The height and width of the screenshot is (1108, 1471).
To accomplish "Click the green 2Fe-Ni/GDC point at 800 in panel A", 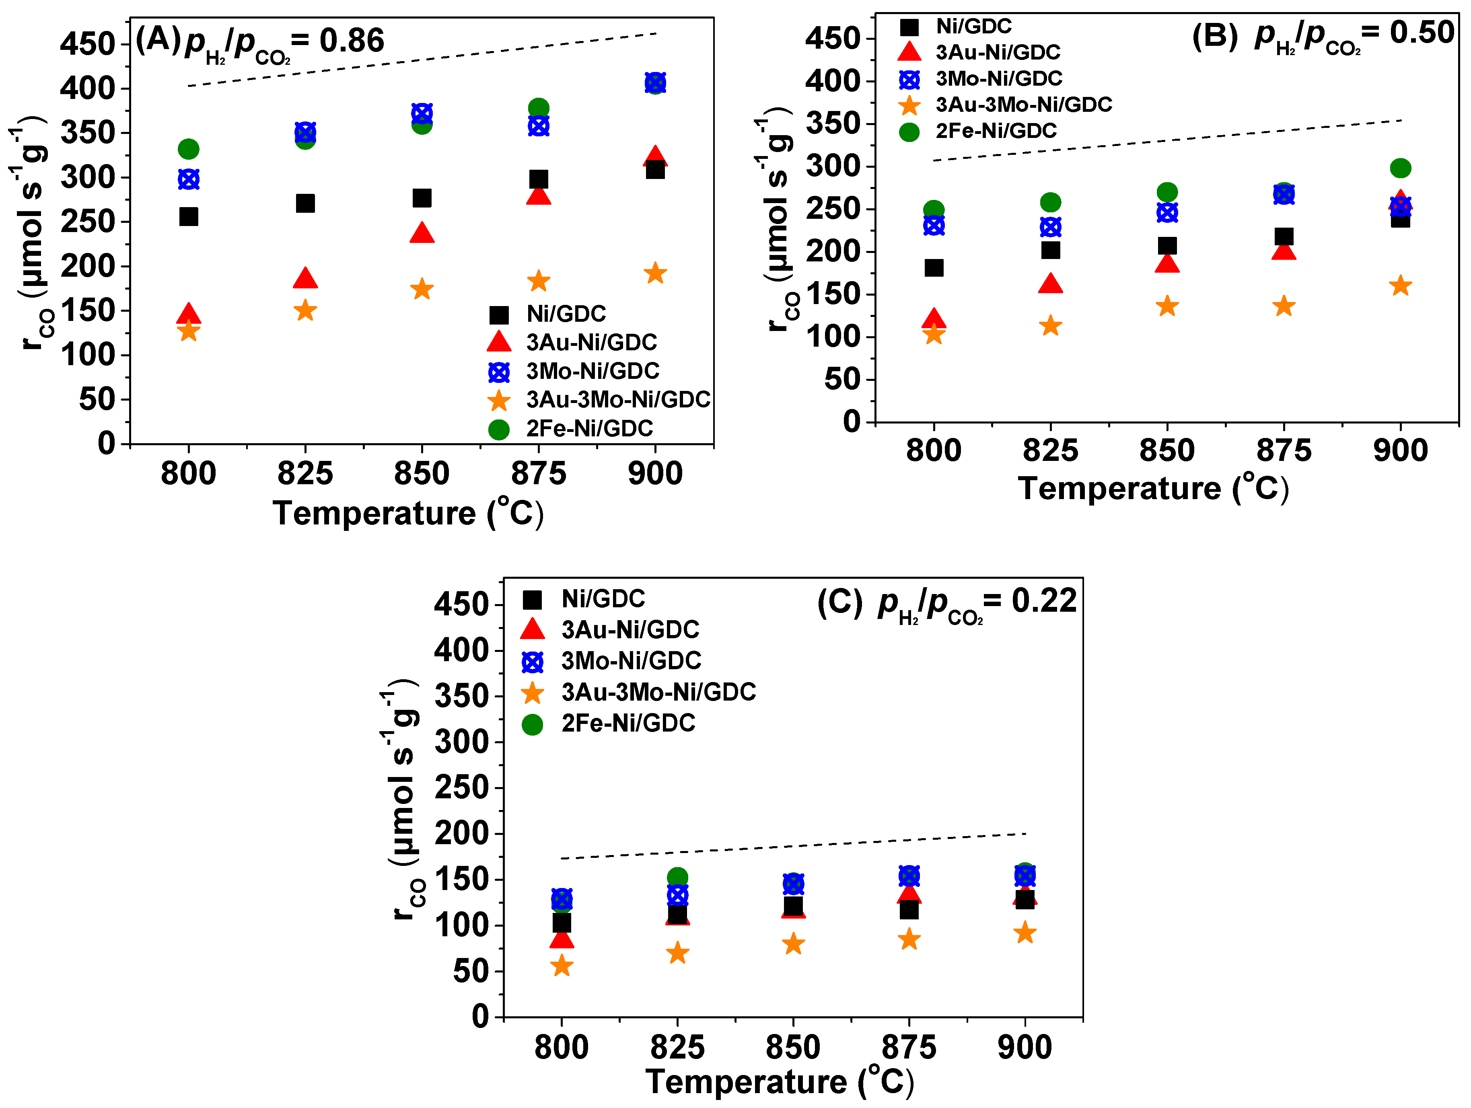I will click(189, 149).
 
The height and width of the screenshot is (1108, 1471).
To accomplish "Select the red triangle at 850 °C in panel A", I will click(422, 233).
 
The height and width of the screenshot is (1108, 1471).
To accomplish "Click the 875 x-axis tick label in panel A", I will click(538, 473).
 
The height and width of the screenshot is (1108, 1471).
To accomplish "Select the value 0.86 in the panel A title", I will click(352, 41).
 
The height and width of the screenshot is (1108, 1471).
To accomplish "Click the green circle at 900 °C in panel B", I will click(1400, 168).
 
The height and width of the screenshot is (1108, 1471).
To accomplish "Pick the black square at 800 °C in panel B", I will click(934, 268).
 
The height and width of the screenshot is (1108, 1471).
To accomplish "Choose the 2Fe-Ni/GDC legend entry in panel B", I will click(996, 131).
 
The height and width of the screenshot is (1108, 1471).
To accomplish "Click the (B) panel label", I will click(1214, 35).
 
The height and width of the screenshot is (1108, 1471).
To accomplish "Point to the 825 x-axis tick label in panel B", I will click(1050, 451).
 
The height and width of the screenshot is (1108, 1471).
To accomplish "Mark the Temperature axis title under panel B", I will click(1153, 489).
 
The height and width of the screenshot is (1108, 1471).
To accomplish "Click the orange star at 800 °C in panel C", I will click(562, 966).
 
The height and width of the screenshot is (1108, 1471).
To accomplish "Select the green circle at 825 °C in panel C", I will click(677, 878).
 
